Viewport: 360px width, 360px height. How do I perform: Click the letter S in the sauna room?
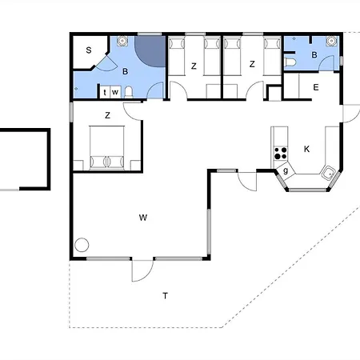pyautogui.click(x=89, y=50)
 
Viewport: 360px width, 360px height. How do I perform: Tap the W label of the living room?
pyautogui.click(x=143, y=218)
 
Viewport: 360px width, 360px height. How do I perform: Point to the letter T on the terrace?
pyautogui.click(x=166, y=296)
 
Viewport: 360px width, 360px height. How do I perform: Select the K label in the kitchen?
pyautogui.click(x=306, y=149)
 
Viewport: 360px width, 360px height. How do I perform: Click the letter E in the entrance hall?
pyautogui.click(x=316, y=87)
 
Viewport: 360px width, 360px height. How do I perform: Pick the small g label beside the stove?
pyautogui.click(x=286, y=170)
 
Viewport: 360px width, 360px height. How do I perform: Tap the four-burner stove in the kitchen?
pyautogui.click(x=281, y=153)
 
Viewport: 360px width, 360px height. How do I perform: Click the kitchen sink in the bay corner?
pyautogui.click(x=328, y=173)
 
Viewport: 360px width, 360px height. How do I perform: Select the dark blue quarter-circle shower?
pyautogui.click(x=150, y=50)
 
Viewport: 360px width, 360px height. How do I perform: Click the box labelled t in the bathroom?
pyautogui.click(x=105, y=92)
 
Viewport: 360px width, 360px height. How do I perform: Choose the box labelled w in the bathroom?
pyautogui.click(x=115, y=92)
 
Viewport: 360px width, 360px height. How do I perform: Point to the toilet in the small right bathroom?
pyautogui.click(x=290, y=62)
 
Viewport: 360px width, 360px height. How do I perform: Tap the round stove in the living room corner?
pyautogui.click(x=82, y=245)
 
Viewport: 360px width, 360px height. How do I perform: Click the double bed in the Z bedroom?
pyautogui.click(x=107, y=147)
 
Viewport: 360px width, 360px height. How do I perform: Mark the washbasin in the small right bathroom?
pyautogui.click(x=331, y=41)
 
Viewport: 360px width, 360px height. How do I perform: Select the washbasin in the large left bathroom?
pyautogui.click(x=122, y=41)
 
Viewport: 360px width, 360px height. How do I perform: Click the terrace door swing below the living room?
pyautogui.click(x=143, y=270)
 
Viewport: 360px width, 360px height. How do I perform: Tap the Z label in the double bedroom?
pyautogui.click(x=107, y=115)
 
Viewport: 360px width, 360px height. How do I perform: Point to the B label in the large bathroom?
pyautogui.click(x=125, y=71)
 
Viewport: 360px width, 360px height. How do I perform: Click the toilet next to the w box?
pyautogui.click(x=129, y=92)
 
